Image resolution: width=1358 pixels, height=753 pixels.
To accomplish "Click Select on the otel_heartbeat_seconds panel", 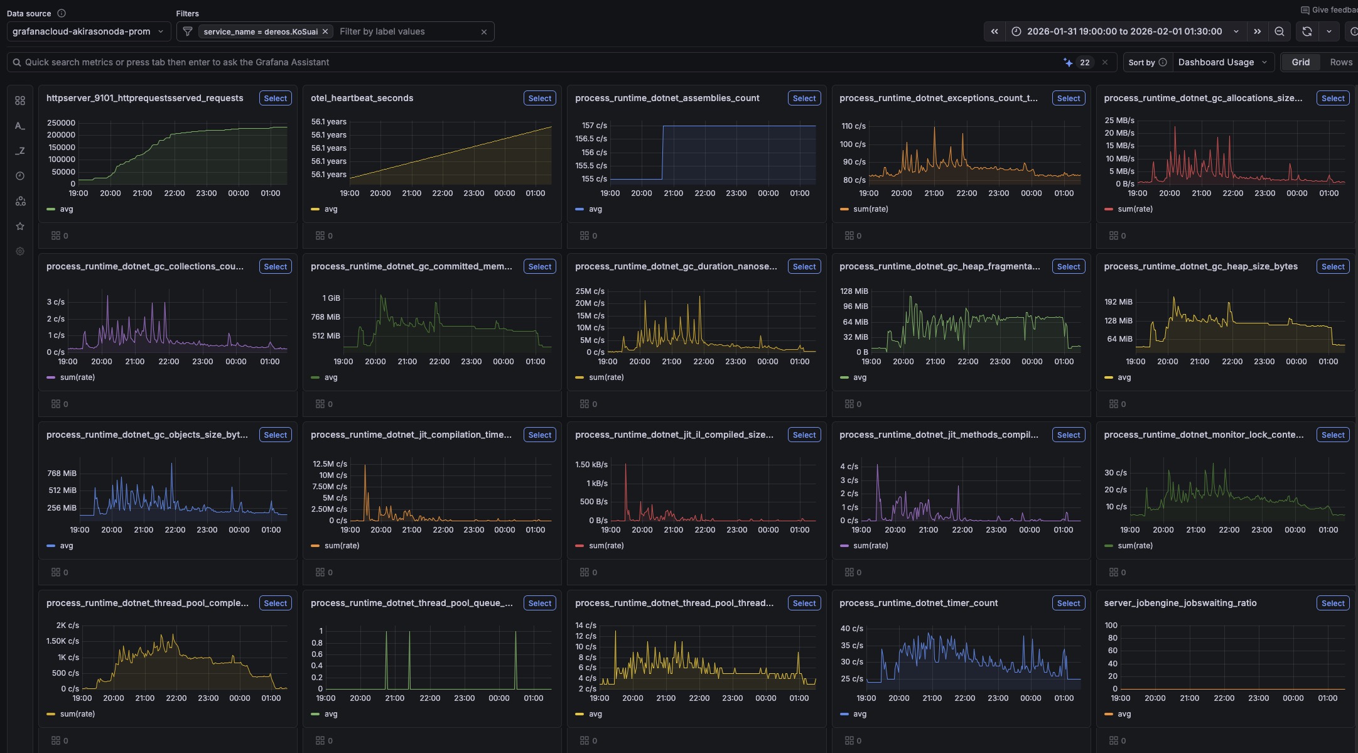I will pos(539,99).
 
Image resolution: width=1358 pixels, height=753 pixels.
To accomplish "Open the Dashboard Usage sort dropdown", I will pos(1222,62).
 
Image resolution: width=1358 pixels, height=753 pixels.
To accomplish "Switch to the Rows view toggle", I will pos(1340,62).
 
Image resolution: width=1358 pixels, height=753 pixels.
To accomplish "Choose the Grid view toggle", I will pos(1300,62).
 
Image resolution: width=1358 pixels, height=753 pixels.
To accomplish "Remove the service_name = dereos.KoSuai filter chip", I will pos(325,31).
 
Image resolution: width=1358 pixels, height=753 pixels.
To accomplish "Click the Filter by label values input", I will pos(405,31).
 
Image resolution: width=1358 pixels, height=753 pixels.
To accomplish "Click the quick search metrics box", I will pos(534,62).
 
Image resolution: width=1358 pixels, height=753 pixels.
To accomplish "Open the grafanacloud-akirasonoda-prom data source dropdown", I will pos(89,31).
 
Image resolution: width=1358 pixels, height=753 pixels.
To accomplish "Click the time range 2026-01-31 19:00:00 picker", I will pos(1124,31).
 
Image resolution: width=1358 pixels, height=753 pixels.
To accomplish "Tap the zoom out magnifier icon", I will pos(1279,31).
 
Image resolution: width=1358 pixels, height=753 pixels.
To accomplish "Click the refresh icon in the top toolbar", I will pos(1307,31).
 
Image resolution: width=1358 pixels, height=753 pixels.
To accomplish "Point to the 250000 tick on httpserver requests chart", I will pos(61,123).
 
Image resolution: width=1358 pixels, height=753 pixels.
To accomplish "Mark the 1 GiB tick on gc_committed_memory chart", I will pos(331,298).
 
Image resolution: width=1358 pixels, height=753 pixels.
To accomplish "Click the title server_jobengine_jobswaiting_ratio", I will pos(1180,603).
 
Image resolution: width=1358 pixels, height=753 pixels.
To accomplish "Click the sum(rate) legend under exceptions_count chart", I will pos(870,209).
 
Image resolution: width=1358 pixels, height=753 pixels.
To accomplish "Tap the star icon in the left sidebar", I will pos(20,226).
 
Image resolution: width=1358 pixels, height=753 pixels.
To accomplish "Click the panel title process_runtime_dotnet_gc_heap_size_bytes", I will pos(1200,266).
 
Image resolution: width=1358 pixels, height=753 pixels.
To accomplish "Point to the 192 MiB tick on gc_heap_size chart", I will pos(1118,302).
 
